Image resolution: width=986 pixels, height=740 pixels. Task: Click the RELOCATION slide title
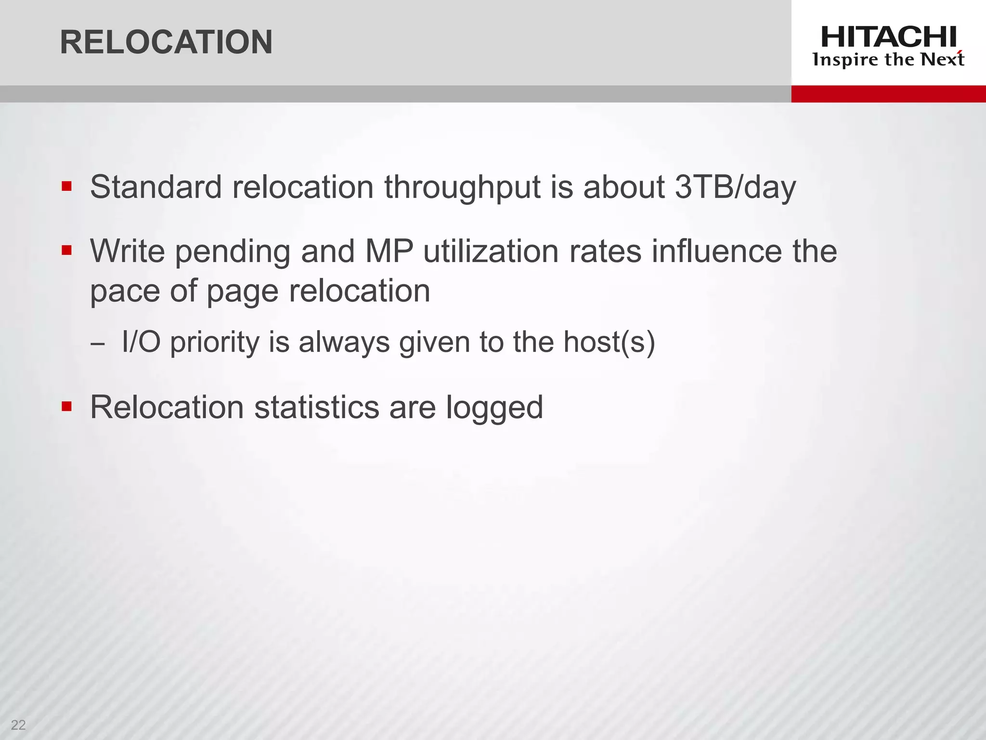tap(166, 42)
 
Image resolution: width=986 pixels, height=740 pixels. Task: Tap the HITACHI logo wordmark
tap(888, 37)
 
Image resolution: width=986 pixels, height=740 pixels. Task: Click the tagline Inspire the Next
tap(888, 60)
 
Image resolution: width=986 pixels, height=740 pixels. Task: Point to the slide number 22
tap(18, 725)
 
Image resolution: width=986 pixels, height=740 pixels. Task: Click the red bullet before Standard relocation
tap(66, 186)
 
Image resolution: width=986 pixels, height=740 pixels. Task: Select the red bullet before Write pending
tap(66, 251)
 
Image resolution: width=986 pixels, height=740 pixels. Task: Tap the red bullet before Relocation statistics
tap(66, 407)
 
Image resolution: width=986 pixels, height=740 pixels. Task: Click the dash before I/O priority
tap(97, 344)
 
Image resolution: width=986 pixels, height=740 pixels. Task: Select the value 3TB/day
tap(735, 187)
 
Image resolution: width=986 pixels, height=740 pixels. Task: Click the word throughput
tap(462, 188)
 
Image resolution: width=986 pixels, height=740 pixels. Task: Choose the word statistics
tap(317, 408)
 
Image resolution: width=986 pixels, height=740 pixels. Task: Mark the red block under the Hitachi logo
tap(888, 94)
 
